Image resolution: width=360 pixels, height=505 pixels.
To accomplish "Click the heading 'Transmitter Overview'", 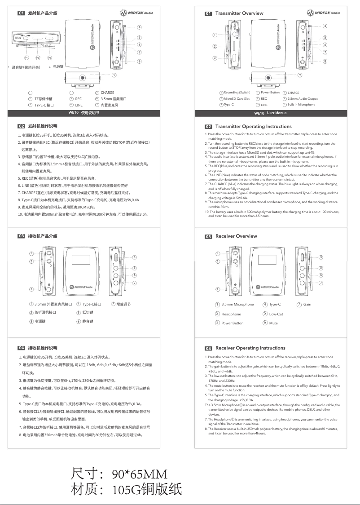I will [239, 13].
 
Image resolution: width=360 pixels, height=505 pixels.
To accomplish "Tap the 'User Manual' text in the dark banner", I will [277, 113].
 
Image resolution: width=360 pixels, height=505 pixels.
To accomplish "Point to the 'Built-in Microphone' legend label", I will [301, 105].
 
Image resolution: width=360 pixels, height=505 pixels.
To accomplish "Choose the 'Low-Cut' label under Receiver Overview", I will [276, 314].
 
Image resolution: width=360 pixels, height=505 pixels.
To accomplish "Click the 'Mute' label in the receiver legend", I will [273, 323].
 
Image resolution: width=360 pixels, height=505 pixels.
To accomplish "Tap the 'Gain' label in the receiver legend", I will [307, 305].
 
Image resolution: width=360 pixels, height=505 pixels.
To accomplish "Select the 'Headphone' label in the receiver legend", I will [231, 314].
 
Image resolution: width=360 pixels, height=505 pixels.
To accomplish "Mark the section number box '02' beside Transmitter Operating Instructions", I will [208, 127].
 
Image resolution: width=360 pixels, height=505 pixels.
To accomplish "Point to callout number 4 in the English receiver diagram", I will [320, 257].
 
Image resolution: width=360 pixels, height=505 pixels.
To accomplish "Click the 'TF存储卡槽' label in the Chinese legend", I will [43, 99].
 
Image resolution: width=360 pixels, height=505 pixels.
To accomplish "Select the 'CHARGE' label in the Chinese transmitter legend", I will [107, 93].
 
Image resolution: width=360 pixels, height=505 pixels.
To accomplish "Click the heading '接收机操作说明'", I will [43, 348].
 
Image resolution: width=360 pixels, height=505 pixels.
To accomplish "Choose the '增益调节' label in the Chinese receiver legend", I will [123, 305].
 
